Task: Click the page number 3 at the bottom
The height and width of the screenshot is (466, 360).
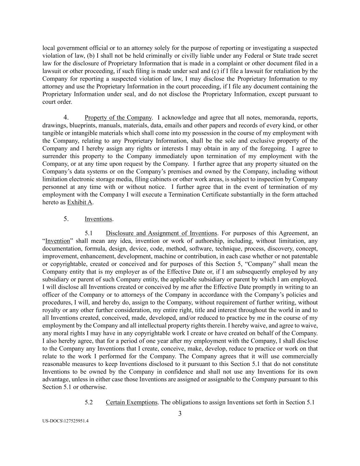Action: point(180,414)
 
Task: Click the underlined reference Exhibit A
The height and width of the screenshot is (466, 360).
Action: point(80,202)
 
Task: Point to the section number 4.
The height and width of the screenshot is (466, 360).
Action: point(67,118)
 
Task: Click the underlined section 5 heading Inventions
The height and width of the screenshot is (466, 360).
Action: point(98,219)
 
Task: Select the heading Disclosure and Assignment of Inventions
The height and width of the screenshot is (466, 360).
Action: point(161,233)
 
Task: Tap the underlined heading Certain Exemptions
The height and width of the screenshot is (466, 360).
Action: point(132,402)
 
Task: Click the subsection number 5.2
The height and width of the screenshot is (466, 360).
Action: point(89,402)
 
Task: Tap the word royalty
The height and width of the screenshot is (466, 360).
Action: point(52,310)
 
